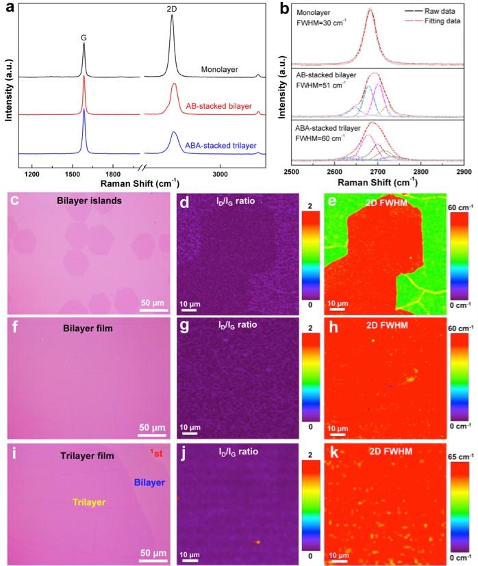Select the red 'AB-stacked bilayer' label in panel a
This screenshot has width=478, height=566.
pyautogui.click(x=219, y=107)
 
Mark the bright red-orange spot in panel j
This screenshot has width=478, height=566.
pyautogui.click(x=258, y=542)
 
